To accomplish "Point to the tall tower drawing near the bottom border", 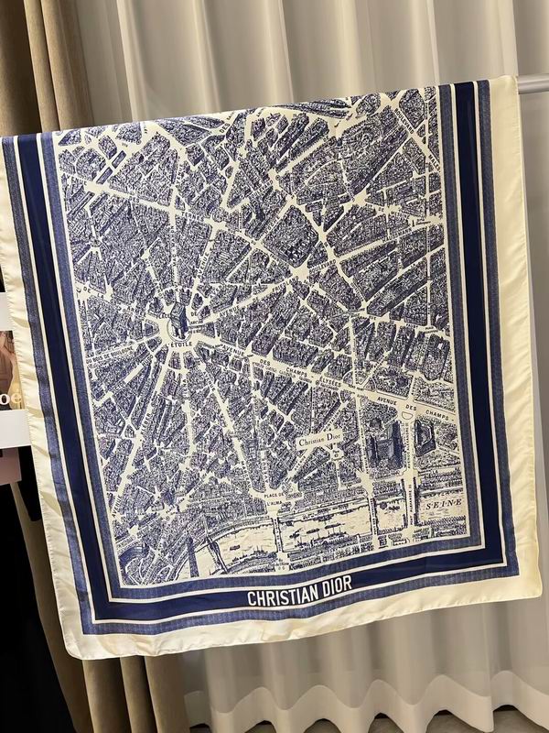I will click(x=193, y=553).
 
